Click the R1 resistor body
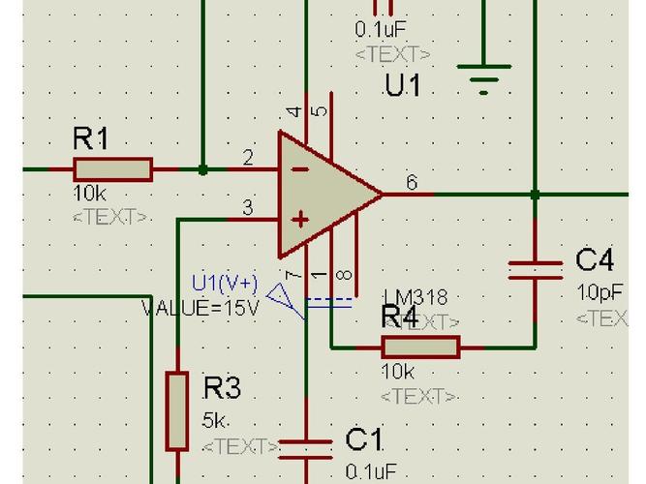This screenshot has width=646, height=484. click(112, 169)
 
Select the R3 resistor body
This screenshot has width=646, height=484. click(176, 410)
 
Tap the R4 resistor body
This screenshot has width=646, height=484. click(420, 347)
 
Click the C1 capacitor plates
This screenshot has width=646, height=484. click(306, 448)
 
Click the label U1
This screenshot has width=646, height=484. click(402, 85)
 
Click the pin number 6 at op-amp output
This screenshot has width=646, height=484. click(412, 181)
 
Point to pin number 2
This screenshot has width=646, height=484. click(248, 158)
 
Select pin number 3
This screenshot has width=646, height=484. click(248, 207)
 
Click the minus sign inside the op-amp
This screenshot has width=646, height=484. click(300, 168)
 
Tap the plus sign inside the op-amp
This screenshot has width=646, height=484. click(301, 220)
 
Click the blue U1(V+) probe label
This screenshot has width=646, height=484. click(225, 283)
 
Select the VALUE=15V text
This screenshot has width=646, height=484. click(200, 308)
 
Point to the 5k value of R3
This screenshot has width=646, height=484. click(215, 421)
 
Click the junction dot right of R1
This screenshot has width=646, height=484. click(202, 169)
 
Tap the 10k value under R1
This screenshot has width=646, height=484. click(89, 194)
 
